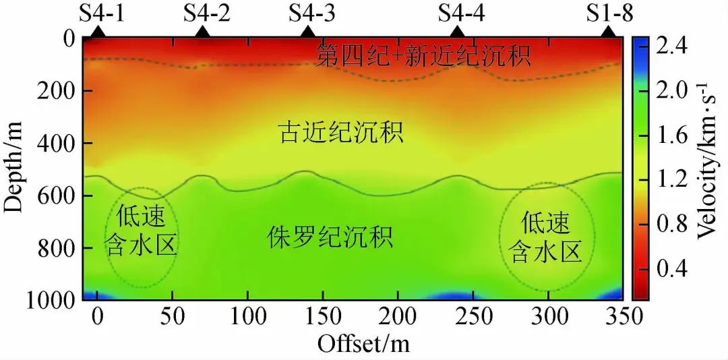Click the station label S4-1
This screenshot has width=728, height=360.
click(x=102, y=13)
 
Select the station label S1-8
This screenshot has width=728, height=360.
click(x=609, y=13)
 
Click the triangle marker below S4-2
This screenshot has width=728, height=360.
click(x=204, y=32)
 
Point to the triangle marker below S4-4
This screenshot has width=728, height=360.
click(x=458, y=32)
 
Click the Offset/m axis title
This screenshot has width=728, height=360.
click(x=364, y=343)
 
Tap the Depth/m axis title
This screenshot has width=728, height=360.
click(x=15, y=166)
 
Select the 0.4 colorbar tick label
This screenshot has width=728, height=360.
click(x=671, y=269)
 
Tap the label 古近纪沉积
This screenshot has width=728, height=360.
click(x=341, y=133)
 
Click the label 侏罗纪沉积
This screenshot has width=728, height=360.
click(x=330, y=238)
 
